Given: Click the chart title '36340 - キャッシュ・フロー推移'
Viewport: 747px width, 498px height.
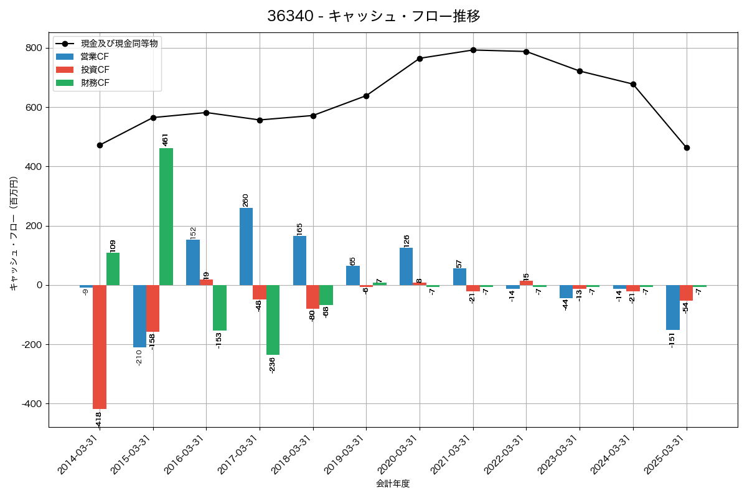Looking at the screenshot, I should pyautogui.click(x=374, y=16).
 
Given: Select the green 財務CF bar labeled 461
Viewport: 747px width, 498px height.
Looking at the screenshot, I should pyautogui.click(x=166, y=217).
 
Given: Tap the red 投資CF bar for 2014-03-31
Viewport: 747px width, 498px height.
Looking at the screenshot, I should pyautogui.click(x=100, y=347).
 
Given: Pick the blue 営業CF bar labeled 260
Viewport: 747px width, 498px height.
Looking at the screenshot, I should pyautogui.click(x=246, y=247).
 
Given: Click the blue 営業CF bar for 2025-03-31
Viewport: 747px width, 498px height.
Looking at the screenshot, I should pyautogui.click(x=673, y=308).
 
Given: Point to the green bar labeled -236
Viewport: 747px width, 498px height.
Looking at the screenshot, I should pyautogui.click(x=273, y=320).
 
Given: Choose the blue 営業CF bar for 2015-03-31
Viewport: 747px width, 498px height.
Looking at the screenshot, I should pyautogui.click(x=139, y=316).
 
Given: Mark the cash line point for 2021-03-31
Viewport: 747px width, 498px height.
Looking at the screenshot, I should pyautogui.click(x=473, y=50).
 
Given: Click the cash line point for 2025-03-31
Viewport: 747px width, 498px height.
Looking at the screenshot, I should pyautogui.click(x=687, y=148).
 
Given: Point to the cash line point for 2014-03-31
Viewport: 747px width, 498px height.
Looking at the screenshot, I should pyautogui.click(x=100, y=145).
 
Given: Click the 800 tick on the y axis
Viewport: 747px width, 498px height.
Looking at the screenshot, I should pyautogui.click(x=34, y=48).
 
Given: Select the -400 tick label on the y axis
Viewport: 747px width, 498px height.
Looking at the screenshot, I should pyautogui.click(x=32, y=404).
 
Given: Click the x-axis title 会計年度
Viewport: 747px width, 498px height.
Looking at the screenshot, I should pyautogui.click(x=393, y=484).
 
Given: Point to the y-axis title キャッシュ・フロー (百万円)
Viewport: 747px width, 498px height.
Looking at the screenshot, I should pyautogui.click(x=14, y=233).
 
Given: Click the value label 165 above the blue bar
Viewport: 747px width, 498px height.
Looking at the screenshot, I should pyautogui.click(x=299, y=229).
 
